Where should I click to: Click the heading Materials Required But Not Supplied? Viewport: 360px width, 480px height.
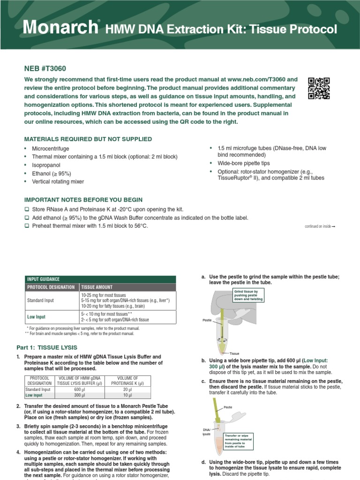88,139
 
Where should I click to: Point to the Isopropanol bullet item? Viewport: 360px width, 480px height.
46,165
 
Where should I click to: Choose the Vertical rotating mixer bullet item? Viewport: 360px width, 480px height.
57,181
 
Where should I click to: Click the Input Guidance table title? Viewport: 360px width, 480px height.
44,279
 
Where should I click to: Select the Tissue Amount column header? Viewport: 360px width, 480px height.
97,287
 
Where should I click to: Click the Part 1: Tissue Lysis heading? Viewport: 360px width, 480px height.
53,347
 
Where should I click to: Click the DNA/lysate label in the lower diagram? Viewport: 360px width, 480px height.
207,432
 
